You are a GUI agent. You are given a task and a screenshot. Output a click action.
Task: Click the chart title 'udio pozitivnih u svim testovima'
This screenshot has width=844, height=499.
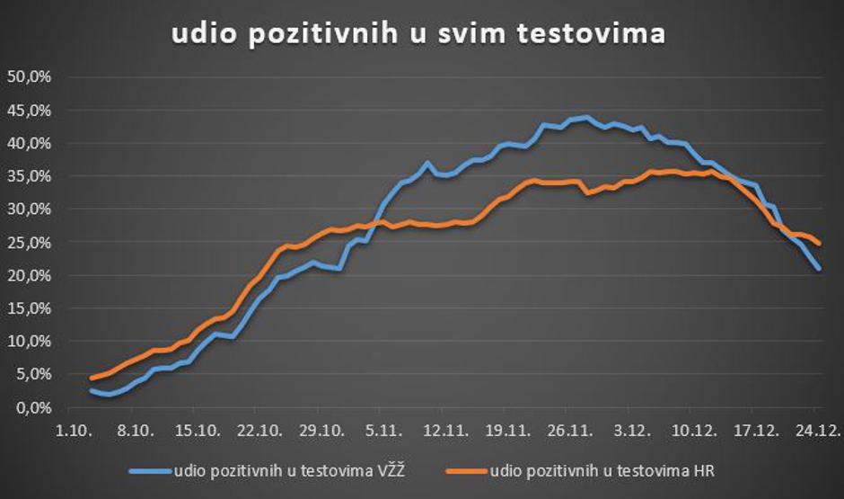pos(419,34)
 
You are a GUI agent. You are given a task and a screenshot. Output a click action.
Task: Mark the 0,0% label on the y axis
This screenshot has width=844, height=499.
pos(30,407)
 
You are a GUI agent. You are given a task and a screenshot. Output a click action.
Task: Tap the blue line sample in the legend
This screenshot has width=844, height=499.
pos(149,469)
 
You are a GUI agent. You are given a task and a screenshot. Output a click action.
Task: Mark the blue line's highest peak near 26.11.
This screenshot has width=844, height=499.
pos(585,117)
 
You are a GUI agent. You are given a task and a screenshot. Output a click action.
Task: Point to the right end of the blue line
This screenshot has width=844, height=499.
pos(819,268)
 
